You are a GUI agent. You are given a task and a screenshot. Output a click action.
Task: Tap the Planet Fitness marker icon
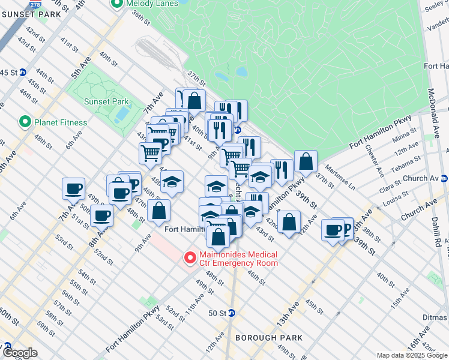(x=25, y=122)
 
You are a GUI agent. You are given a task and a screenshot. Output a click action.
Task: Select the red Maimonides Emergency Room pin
(x=190, y=258)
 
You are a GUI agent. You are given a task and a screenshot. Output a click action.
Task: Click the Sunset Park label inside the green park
(x=106, y=101)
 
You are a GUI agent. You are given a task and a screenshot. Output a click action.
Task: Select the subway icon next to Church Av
(x=444, y=178)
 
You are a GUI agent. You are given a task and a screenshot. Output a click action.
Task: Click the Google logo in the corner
(x=20, y=353)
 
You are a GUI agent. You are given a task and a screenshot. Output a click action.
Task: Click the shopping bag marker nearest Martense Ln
(x=306, y=161)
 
